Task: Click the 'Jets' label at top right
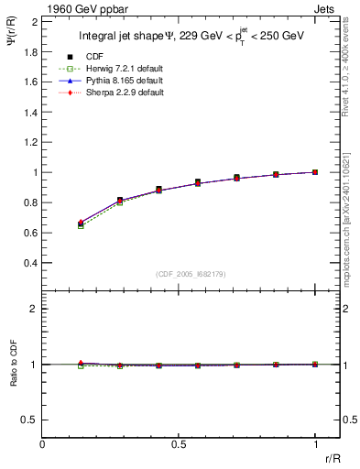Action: pyautogui.click(x=327, y=8)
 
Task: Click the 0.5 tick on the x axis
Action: pyautogui.click(x=179, y=443)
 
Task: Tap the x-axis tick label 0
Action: pyautogui.click(x=43, y=443)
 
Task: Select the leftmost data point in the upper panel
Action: pyautogui.click(x=81, y=223)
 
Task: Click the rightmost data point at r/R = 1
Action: pyautogui.click(x=315, y=172)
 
